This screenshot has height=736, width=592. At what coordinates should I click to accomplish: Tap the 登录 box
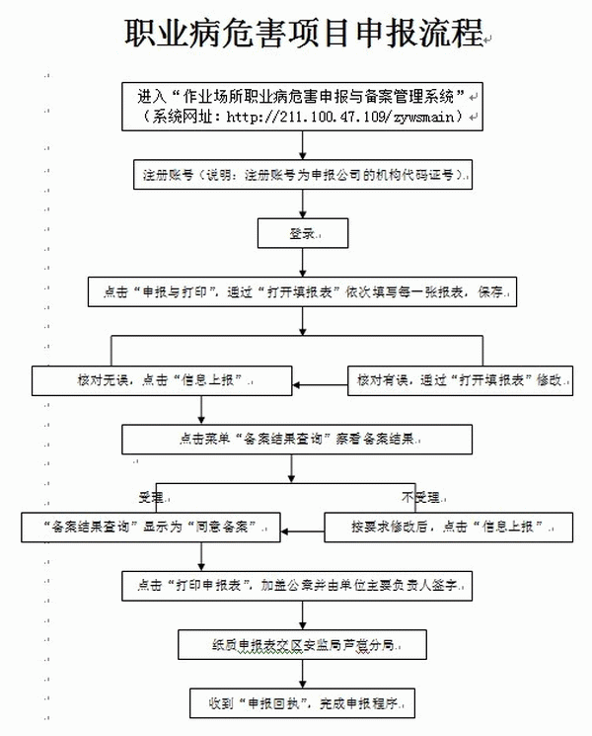click(x=304, y=233)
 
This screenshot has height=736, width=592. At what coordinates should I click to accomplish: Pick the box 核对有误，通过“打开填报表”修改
click(x=459, y=379)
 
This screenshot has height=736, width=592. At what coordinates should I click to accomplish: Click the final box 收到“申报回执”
click(x=304, y=702)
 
